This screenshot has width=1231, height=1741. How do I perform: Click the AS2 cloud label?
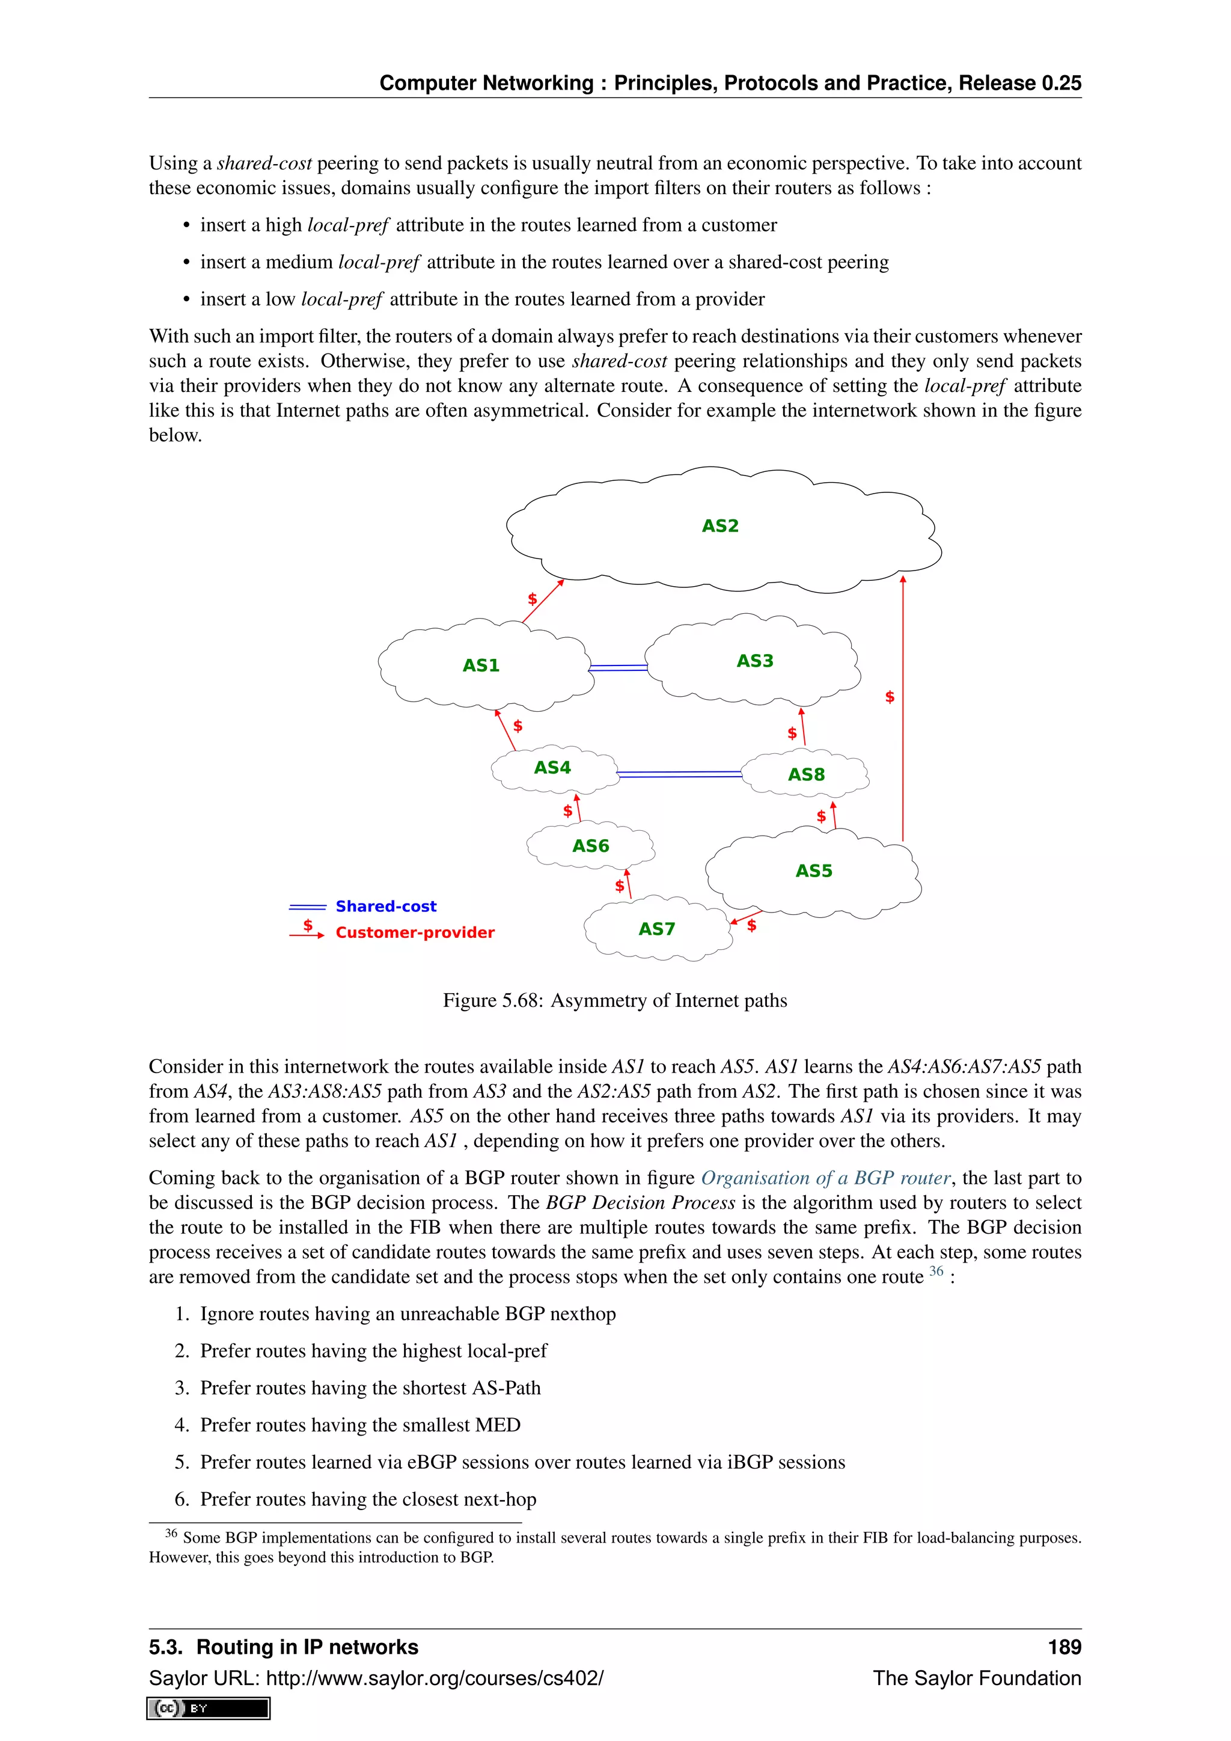719,525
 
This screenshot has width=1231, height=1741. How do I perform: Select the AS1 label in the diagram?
481,665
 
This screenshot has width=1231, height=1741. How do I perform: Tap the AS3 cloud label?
754,661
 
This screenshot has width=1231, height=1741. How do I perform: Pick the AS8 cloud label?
806,774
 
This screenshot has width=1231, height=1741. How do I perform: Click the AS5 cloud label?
813,870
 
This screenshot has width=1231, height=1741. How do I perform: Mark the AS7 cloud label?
656,929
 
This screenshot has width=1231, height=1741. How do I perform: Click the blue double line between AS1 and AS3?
618,668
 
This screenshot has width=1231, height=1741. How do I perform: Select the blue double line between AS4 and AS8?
679,774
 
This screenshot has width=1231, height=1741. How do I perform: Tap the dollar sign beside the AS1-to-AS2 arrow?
532,599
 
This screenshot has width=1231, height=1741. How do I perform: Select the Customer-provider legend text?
415,932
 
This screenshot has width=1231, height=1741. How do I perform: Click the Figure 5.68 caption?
615,1000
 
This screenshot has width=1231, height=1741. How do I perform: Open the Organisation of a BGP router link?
825,1178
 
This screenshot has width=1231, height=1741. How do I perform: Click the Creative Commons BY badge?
209,1709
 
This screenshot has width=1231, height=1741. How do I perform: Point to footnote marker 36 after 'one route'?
937,1271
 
